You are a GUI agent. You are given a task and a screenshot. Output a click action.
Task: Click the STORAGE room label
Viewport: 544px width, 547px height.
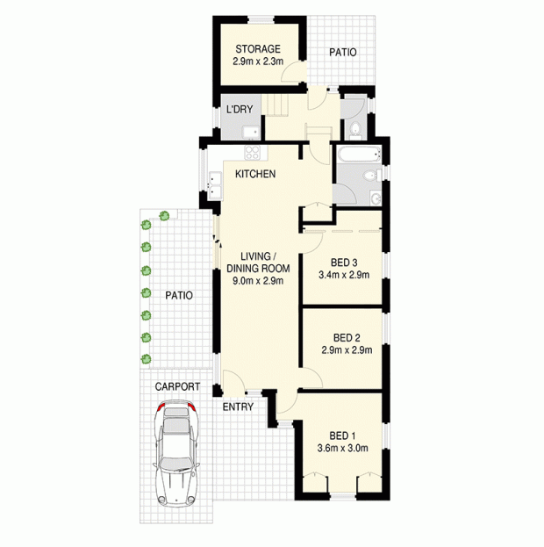258,48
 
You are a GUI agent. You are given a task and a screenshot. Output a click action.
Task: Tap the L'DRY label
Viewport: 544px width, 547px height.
240,109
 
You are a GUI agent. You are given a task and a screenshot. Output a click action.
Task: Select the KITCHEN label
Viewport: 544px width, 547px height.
255,174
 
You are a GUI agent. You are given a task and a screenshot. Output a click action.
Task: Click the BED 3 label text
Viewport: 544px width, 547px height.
344,263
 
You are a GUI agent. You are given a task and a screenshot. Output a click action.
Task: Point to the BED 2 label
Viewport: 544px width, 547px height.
347,338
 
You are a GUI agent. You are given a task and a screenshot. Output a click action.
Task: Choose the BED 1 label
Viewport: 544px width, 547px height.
342,435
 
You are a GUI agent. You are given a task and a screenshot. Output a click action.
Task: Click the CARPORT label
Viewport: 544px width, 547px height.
177,386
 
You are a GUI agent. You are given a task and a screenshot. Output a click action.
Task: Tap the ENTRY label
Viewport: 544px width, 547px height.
238,407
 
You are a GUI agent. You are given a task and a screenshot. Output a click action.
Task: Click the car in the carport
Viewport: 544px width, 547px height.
176,454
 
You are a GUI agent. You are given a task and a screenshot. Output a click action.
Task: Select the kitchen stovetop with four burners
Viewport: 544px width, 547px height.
253,153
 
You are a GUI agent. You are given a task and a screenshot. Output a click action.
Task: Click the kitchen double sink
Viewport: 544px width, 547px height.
215,185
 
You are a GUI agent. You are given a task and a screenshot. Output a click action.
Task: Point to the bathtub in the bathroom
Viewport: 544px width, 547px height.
358,154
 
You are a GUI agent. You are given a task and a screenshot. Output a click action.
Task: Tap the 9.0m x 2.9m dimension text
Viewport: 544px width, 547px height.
258,280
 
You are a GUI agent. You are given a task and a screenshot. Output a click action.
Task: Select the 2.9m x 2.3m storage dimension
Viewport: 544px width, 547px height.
258,61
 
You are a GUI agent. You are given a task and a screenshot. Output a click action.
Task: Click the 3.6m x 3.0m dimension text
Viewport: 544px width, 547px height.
342,448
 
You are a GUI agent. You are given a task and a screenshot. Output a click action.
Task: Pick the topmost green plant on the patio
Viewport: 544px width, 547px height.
164,216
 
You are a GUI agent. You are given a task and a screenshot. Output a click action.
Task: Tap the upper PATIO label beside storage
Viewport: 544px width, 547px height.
343,53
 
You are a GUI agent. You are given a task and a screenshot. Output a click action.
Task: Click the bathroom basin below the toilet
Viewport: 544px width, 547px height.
376,198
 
